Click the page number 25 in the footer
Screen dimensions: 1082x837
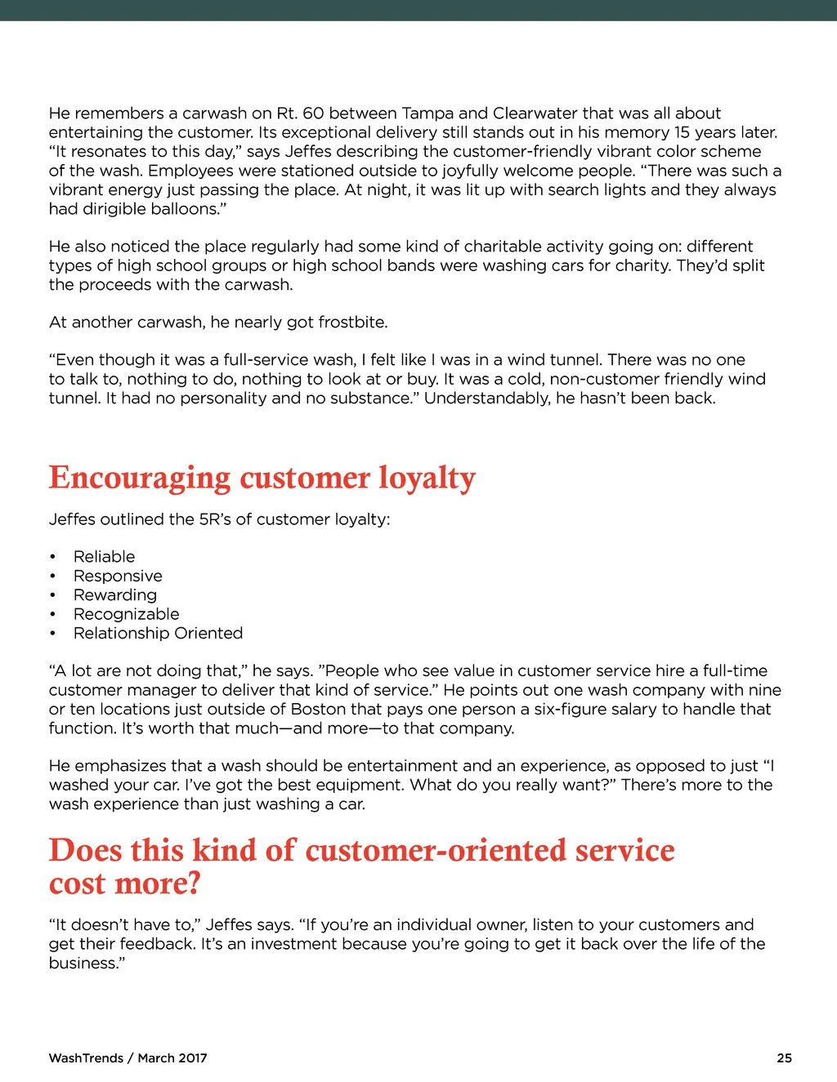(x=784, y=1058)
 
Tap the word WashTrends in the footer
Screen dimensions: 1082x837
(x=86, y=1058)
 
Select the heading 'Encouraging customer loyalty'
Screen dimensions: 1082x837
(x=262, y=478)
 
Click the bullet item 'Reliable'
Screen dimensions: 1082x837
(x=104, y=557)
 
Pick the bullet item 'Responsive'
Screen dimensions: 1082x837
(x=118, y=576)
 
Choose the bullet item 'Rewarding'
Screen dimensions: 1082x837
(x=115, y=595)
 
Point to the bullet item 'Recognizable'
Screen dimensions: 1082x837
(x=126, y=614)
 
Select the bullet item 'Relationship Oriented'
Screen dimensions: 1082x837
(x=158, y=633)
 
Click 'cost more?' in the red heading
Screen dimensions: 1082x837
(x=124, y=884)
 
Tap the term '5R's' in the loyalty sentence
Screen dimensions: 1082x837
(x=215, y=519)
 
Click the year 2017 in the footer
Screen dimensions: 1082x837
(x=193, y=1058)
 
